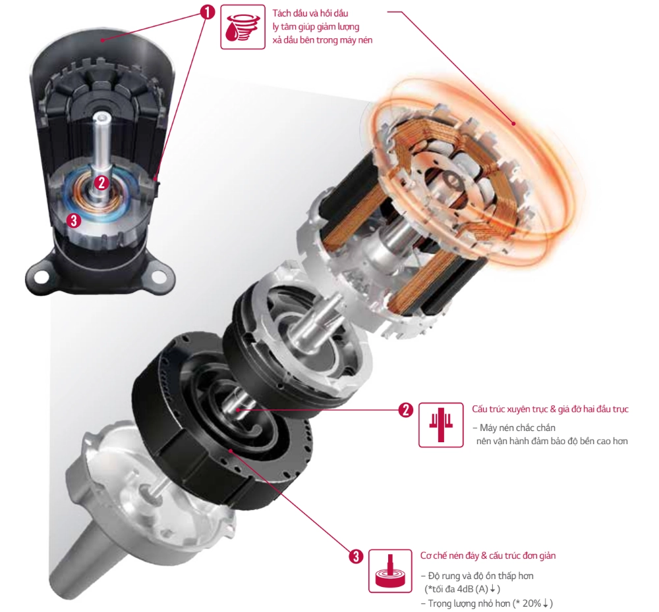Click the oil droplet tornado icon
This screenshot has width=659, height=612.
pos(243,27)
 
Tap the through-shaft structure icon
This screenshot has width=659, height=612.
pos(441,425)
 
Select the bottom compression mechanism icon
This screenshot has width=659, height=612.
pos(390,571)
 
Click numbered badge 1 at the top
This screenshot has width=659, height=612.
pos(207,12)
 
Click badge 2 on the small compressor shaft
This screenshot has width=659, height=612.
pos(101,182)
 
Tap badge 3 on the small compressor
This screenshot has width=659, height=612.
pos(74,220)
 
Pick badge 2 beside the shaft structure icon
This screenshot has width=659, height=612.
pos(405,410)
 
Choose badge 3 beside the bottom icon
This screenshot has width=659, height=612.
pos(356,557)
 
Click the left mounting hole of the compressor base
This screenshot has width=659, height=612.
pos(41,277)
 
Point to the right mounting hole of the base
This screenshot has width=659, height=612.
pos(158,276)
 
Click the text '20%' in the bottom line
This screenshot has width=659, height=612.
pos(532,603)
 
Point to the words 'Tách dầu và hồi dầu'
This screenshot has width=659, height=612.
pos(310,13)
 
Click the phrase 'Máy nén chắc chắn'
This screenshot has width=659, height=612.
pos(517,428)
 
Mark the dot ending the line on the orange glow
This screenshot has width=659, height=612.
pos(513,124)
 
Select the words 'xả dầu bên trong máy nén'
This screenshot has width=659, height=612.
pos(322,40)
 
